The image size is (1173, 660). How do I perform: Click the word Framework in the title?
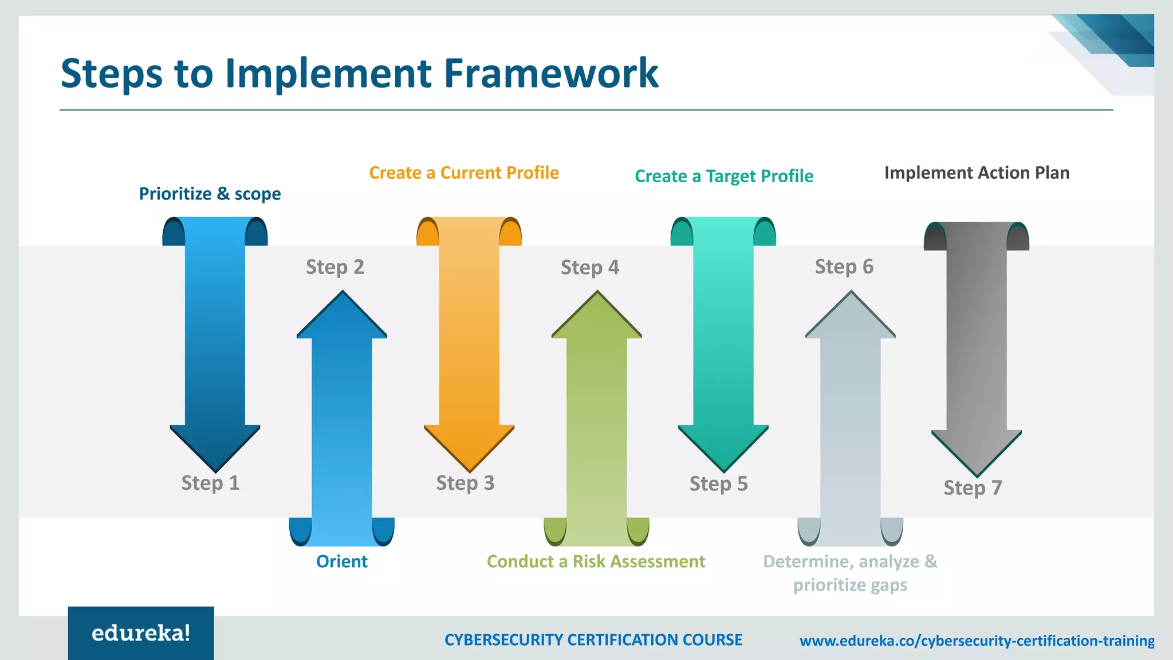551,73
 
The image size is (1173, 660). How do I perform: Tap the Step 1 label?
210,483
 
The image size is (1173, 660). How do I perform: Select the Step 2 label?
335,267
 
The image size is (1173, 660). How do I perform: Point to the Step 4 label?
590,268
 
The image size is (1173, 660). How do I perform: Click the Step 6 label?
844,267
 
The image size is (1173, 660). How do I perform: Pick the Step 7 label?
973,488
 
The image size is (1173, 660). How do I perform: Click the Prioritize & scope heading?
210,194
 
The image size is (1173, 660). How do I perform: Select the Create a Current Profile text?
464,173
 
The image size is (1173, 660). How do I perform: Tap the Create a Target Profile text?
724,176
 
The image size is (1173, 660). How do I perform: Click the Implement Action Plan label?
977,173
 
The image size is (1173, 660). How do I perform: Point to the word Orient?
342,561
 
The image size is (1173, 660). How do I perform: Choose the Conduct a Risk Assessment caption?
596,561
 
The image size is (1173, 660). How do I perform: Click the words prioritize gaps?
850,586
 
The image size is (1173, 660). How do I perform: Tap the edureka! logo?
141,634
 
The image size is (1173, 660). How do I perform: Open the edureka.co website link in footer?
977,641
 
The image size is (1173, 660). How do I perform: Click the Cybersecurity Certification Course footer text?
593,640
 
